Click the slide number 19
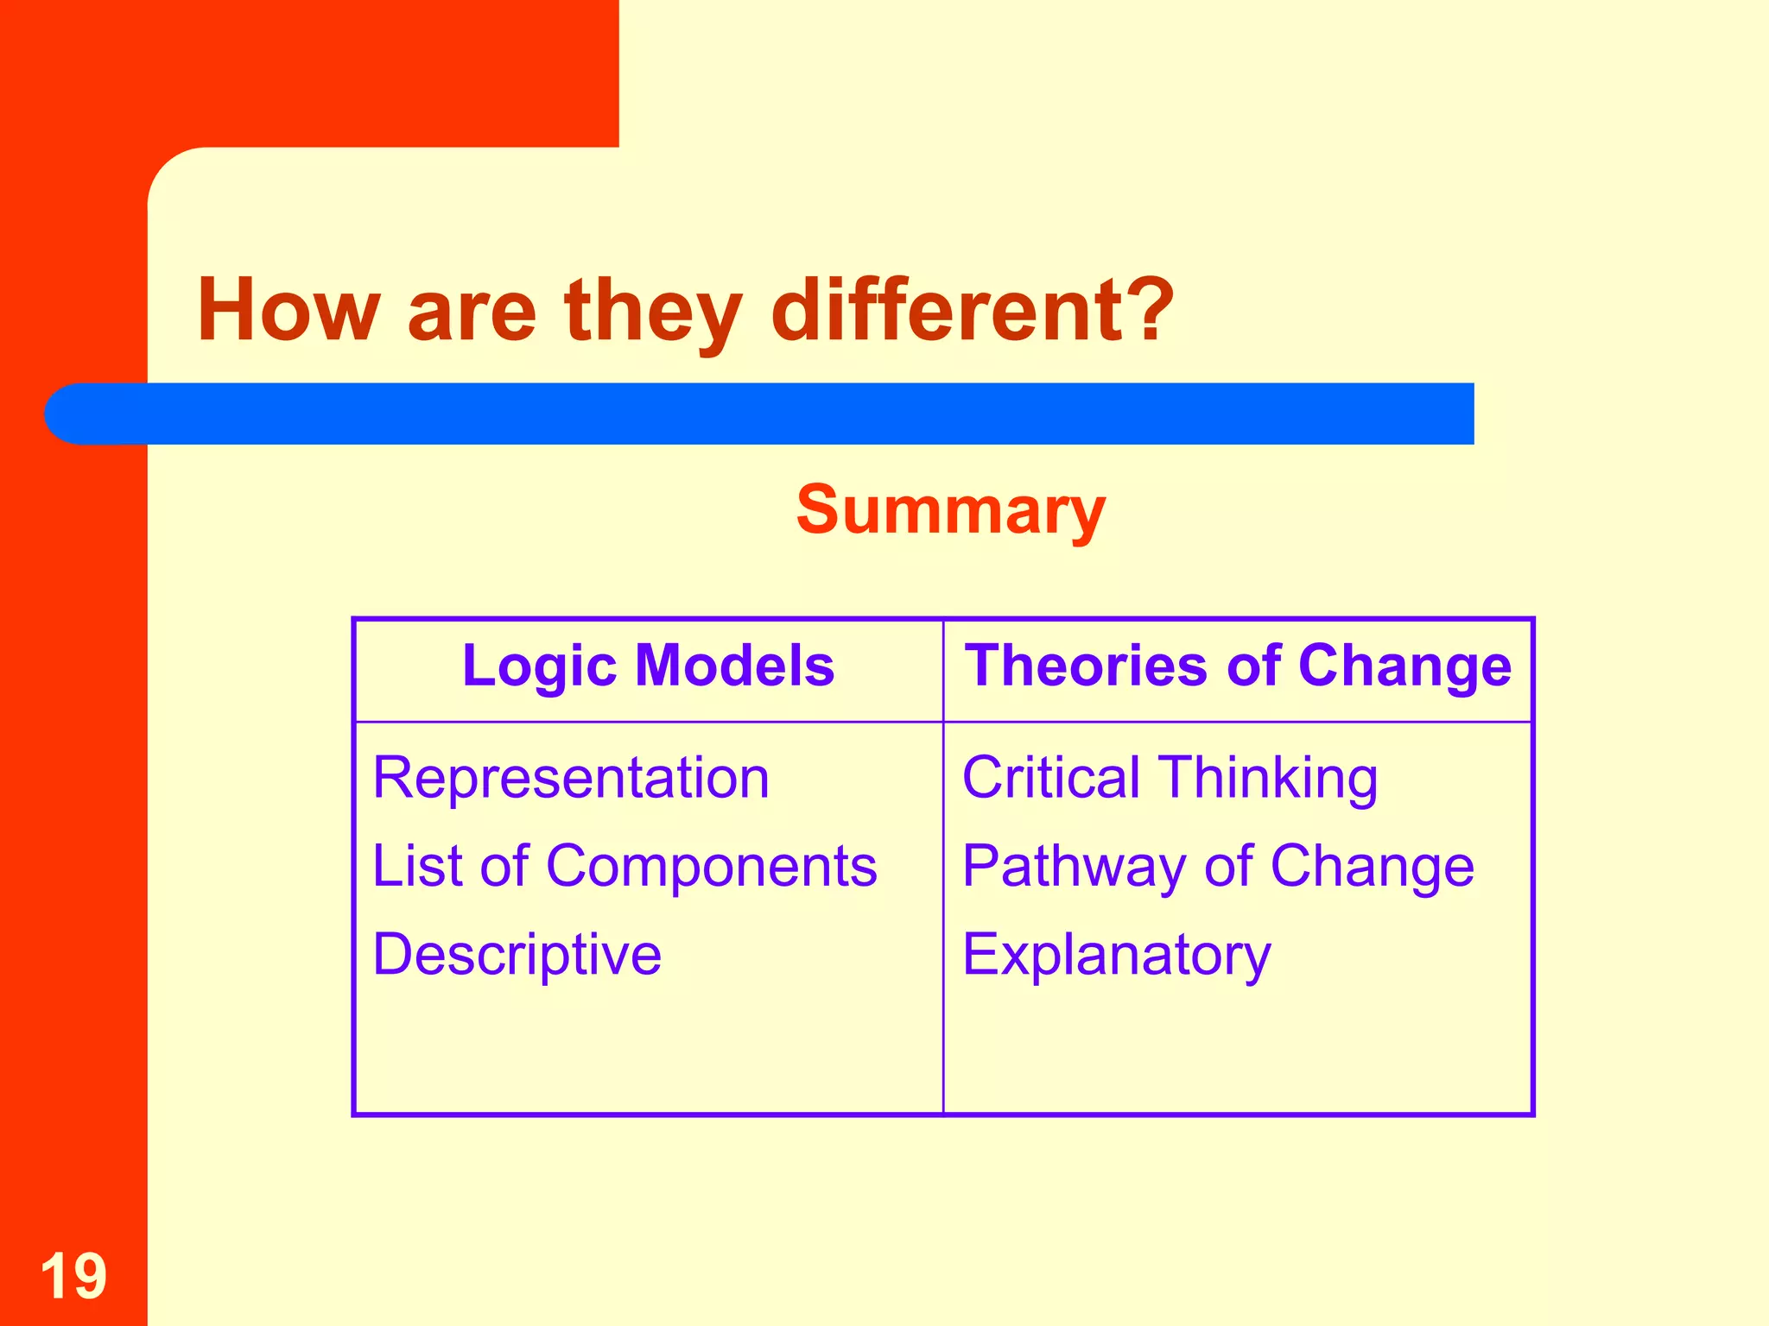(73, 1276)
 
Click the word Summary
(950, 510)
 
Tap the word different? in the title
(972, 309)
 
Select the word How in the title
(288, 309)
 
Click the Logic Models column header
(648, 666)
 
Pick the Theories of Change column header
(1238, 666)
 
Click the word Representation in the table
(571, 778)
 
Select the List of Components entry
(625, 866)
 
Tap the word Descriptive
(517, 955)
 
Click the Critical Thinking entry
(1170, 778)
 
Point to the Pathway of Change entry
(1218, 866)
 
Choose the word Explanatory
(1116, 955)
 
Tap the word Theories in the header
(1086, 666)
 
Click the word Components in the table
(711, 866)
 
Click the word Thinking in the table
(1267, 780)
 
